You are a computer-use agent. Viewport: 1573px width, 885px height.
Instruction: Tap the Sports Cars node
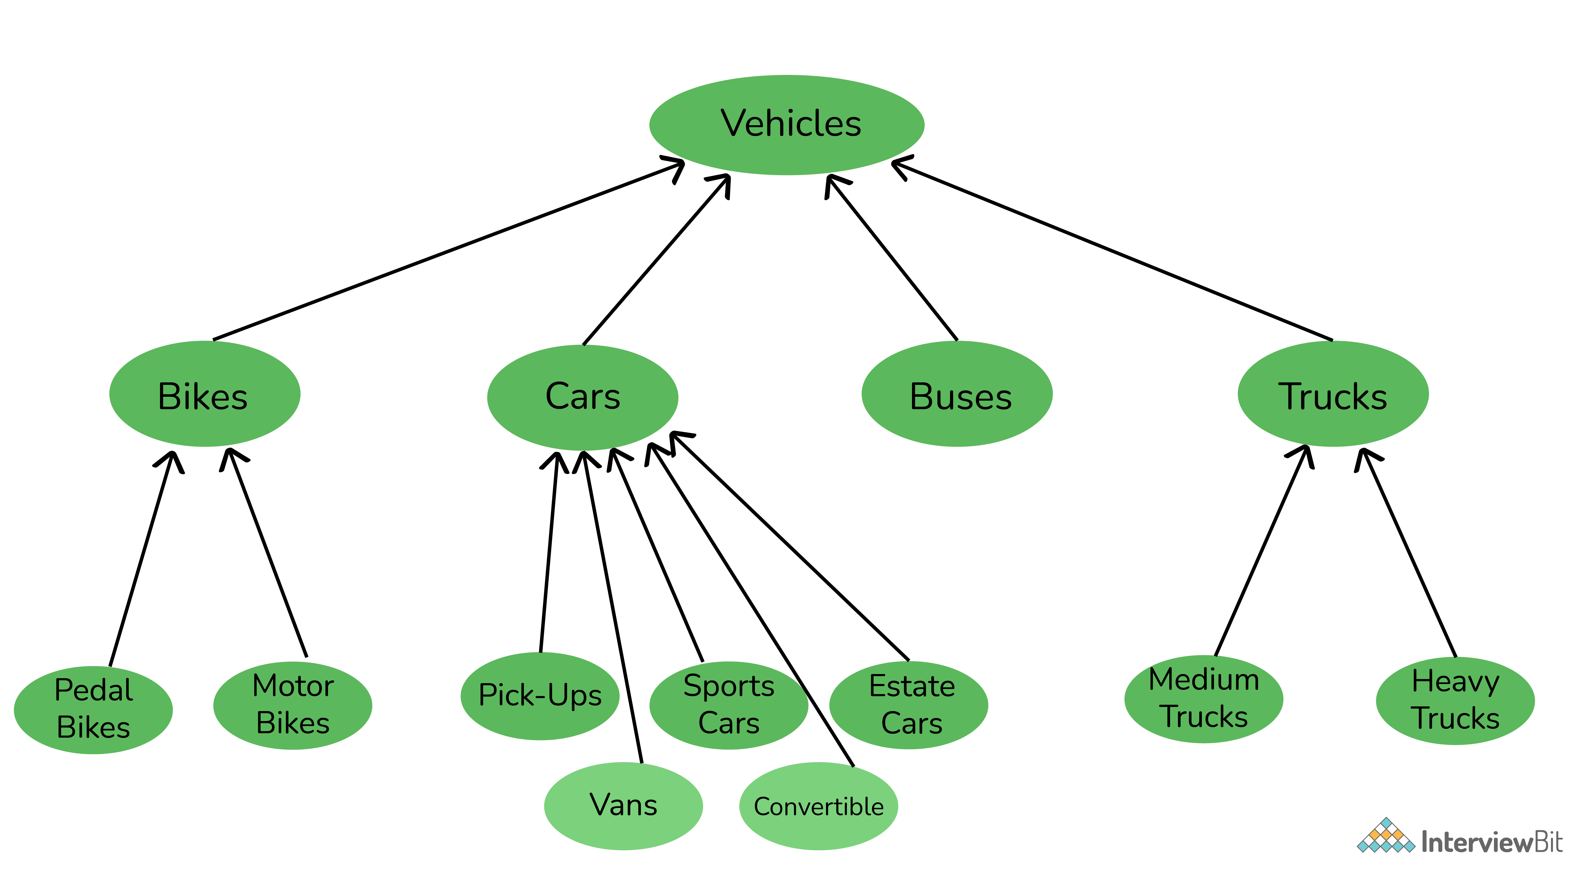(728, 706)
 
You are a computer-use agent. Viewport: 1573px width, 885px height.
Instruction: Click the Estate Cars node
(909, 706)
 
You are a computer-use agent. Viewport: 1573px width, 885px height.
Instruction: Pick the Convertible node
(818, 806)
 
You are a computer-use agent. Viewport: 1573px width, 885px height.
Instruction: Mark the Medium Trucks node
(1204, 699)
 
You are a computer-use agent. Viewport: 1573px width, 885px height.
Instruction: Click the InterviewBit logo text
(1490, 843)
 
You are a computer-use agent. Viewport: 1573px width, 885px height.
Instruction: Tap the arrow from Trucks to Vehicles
(1111, 250)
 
